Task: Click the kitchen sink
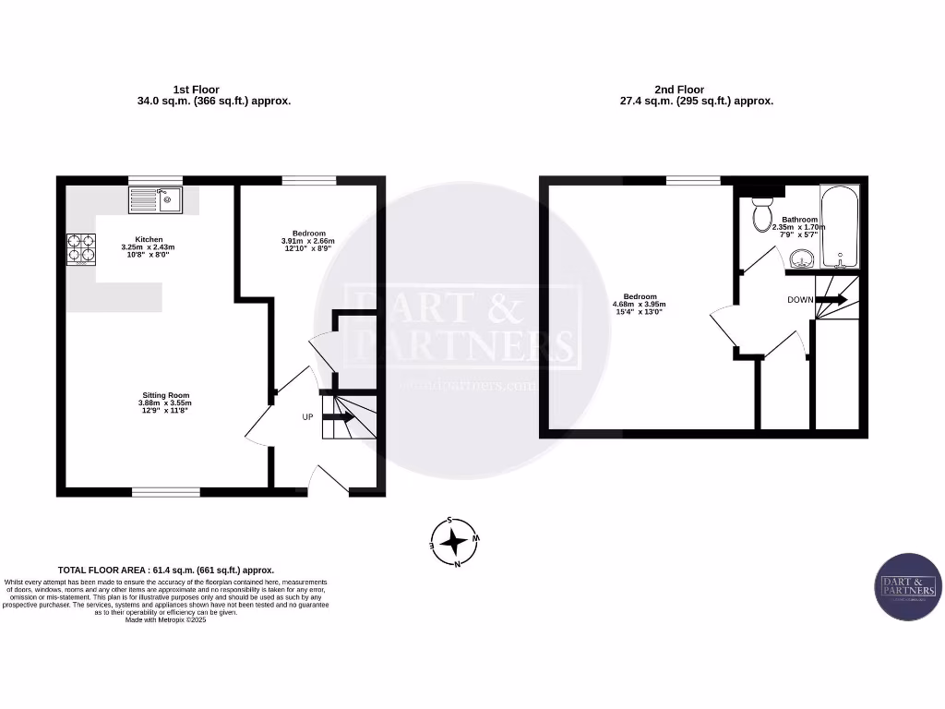(156, 199)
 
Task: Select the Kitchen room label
(149, 239)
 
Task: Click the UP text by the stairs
(307, 417)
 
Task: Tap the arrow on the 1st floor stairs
(338, 417)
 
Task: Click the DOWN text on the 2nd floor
(800, 300)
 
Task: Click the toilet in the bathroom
(762, 213)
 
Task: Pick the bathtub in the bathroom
(839, 225)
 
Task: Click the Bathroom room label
(799, 220)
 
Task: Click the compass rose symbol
(453, 541)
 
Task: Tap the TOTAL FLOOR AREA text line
(166, 571)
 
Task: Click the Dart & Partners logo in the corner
(908, 587)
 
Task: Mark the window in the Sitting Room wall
(166, 491)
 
